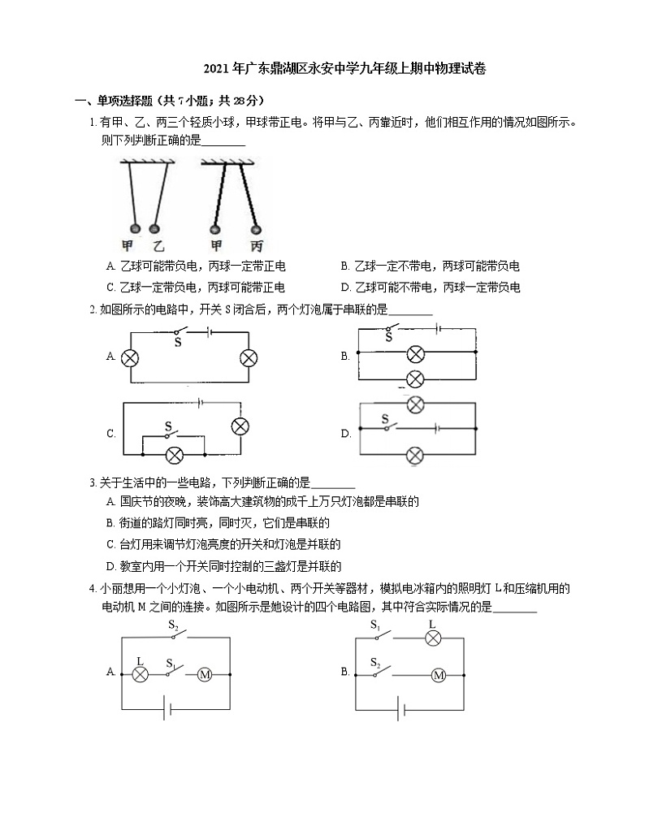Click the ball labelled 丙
(x=255, y=229)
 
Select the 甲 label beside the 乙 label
(x=128, y=245)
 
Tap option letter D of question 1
(x=345, y=287)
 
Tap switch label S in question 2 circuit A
(x=177, y=342)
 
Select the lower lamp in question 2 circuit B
(x=415, y=378)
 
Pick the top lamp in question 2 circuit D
(x=415, y=405)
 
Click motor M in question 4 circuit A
(x=205, y=674)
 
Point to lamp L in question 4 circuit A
(x=141, y=674)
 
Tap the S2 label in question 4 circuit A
(x=173, y=625)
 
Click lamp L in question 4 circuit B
(x=432, y=638)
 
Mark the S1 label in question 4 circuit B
(x=375, y=625)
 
